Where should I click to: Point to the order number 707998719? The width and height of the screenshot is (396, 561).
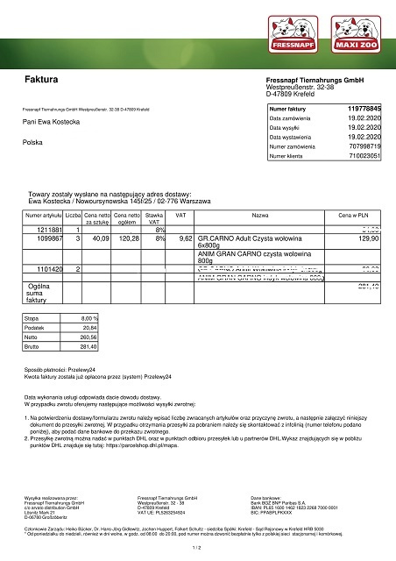pyautogui.click(x=364, y=146)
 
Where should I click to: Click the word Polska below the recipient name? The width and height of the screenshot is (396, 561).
pyautogui.click(x=33, y=141)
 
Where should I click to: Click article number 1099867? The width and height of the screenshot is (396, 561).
pyautogui.click(x=41, y=238)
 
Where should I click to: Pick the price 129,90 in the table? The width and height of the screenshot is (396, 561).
pyautogui.click(x=368, y=238)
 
